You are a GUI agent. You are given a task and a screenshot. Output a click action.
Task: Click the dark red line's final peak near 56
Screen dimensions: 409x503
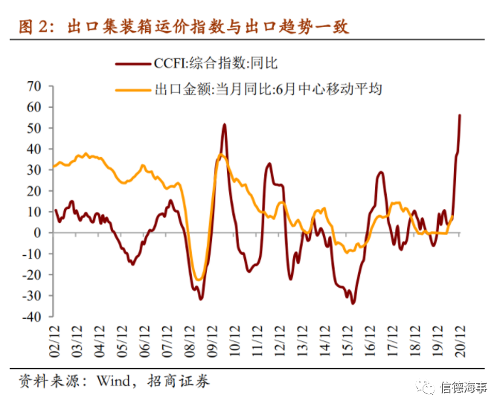pyautogui.click(x=460, y=115)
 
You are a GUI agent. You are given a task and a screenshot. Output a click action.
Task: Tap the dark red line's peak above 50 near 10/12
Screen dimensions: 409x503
pyautogui.click(x=224, y=125)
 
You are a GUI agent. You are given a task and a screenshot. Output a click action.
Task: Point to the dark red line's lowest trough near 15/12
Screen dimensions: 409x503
pyautogui.click(x=353, y=303)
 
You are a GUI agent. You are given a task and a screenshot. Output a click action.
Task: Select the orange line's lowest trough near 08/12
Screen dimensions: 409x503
pyautogui.click(x=198, y=280)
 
